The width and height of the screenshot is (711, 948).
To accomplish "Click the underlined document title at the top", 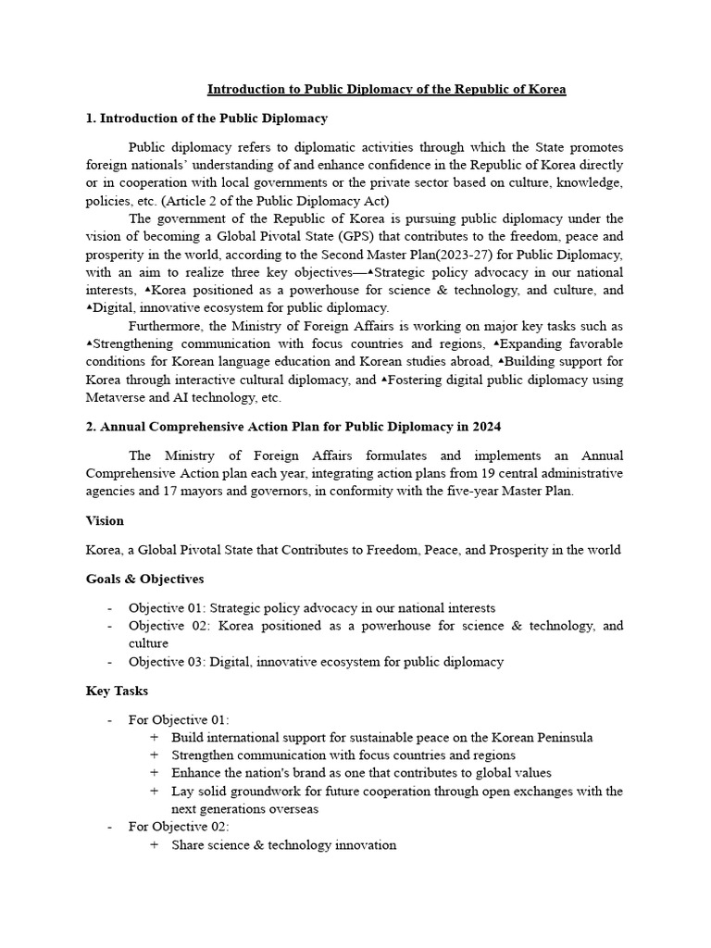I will coord(386,90).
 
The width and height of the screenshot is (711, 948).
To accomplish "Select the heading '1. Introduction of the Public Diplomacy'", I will coord(206,118).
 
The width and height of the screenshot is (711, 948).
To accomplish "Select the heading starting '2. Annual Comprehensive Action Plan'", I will coord(293,427).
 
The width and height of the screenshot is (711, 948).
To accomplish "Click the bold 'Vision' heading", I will coord(105,521).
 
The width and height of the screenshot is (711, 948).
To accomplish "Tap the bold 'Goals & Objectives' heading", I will coord(145,579).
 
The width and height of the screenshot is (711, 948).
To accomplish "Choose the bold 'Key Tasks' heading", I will coord(117,691).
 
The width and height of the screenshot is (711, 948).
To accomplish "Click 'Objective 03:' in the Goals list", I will coord(167,661).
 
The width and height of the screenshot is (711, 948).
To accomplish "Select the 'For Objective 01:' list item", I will coord(179,719).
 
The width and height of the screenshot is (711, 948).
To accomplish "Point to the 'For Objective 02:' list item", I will coord(179,826).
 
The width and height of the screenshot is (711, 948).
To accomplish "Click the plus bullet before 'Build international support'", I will coord(153,738).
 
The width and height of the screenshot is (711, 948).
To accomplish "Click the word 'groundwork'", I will coord(268,791).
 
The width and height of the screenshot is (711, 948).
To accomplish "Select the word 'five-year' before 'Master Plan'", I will coord(469,492).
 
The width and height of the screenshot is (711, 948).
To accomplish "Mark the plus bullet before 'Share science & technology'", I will coord(153,844).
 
